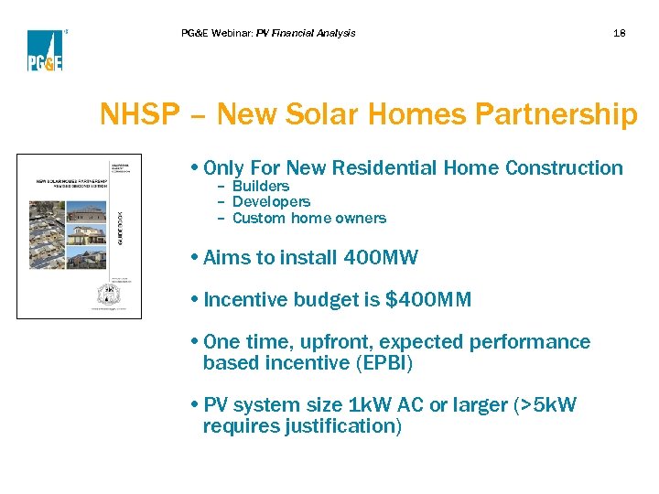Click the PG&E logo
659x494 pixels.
click(44, 49)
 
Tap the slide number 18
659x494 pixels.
click(620, 33)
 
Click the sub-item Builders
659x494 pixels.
click(260, 186)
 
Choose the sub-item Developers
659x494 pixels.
click(271, 201)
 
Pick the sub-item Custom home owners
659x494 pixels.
click(308, 218)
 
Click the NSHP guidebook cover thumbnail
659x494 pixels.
click(79, 236)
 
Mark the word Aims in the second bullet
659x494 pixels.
click(225, 258)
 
